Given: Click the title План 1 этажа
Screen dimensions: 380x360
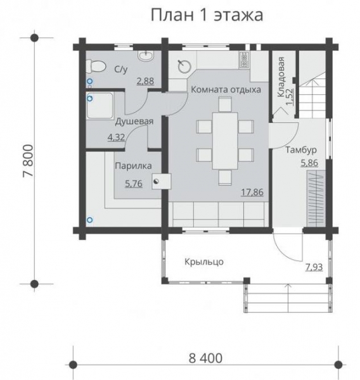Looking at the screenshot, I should (x=207, y=15).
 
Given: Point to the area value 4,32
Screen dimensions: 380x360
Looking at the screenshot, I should (x=116, y=136).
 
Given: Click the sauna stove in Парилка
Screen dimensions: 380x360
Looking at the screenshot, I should (x=162, y=180).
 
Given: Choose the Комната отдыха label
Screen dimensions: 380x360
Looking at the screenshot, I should (x=226, y=90).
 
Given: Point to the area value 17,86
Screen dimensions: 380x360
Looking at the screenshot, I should (x=252, y=192).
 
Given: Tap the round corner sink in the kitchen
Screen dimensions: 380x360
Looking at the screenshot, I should (x=184, y=65).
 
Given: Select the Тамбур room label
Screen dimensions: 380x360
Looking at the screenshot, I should (x=300, y=150).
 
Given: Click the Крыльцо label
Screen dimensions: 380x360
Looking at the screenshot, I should (x=204, y=260).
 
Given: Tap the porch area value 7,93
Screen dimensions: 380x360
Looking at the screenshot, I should (x=313, y=267).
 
